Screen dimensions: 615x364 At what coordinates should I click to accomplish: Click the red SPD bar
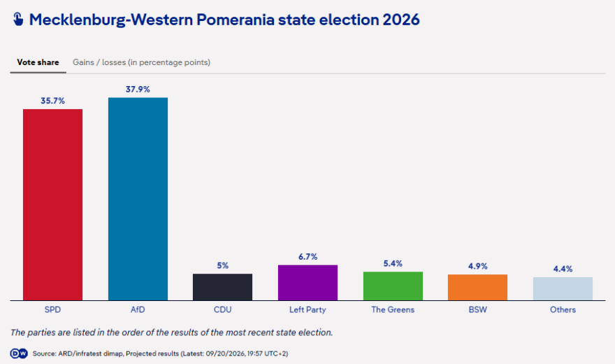(52, 204)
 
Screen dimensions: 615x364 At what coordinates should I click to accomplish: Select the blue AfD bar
(138, 199)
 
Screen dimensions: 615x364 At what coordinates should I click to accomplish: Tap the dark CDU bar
(222, 287)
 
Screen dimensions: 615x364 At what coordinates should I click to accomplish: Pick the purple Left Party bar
(307, 283)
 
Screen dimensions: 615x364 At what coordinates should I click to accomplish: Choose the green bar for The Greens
(393, 286)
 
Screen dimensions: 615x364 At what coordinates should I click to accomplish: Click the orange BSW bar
(478, 288)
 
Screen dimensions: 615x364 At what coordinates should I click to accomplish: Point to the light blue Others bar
(563, 288)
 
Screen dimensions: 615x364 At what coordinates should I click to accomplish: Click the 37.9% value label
(138, 89)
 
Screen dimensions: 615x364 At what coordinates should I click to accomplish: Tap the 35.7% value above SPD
(52, 101)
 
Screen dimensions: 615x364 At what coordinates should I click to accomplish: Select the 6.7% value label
(308, 257)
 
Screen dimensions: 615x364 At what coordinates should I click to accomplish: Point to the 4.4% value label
(563, 269)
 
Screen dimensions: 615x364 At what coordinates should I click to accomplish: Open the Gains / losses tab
(142, 62)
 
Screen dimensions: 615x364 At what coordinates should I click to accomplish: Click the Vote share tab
(38, 62)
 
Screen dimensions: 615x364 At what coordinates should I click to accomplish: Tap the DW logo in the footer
(19, 353)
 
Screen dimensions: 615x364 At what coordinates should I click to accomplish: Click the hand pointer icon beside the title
(18, 19)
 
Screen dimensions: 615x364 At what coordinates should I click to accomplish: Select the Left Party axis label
(307, 309)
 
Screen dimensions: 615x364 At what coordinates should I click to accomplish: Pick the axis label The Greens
(393, 309)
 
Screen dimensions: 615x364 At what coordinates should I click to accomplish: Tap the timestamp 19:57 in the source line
(255, 353)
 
